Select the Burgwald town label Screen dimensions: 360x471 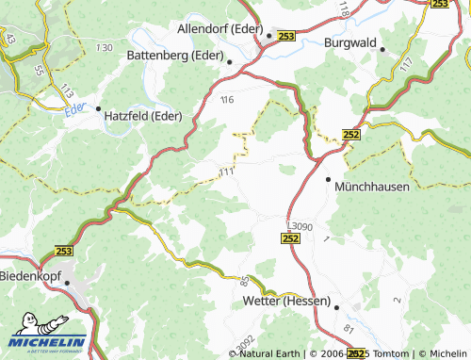[350, 42]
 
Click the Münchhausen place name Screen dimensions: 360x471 [372, 187]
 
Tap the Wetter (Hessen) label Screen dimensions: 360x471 [282, 302]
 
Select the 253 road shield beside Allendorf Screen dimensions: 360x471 [286, 36]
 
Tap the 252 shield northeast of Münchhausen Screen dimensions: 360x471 [351, 135]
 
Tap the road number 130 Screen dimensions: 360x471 [104, 47]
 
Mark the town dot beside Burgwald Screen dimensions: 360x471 [382, 50]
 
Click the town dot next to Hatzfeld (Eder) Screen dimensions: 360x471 [97, 108]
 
